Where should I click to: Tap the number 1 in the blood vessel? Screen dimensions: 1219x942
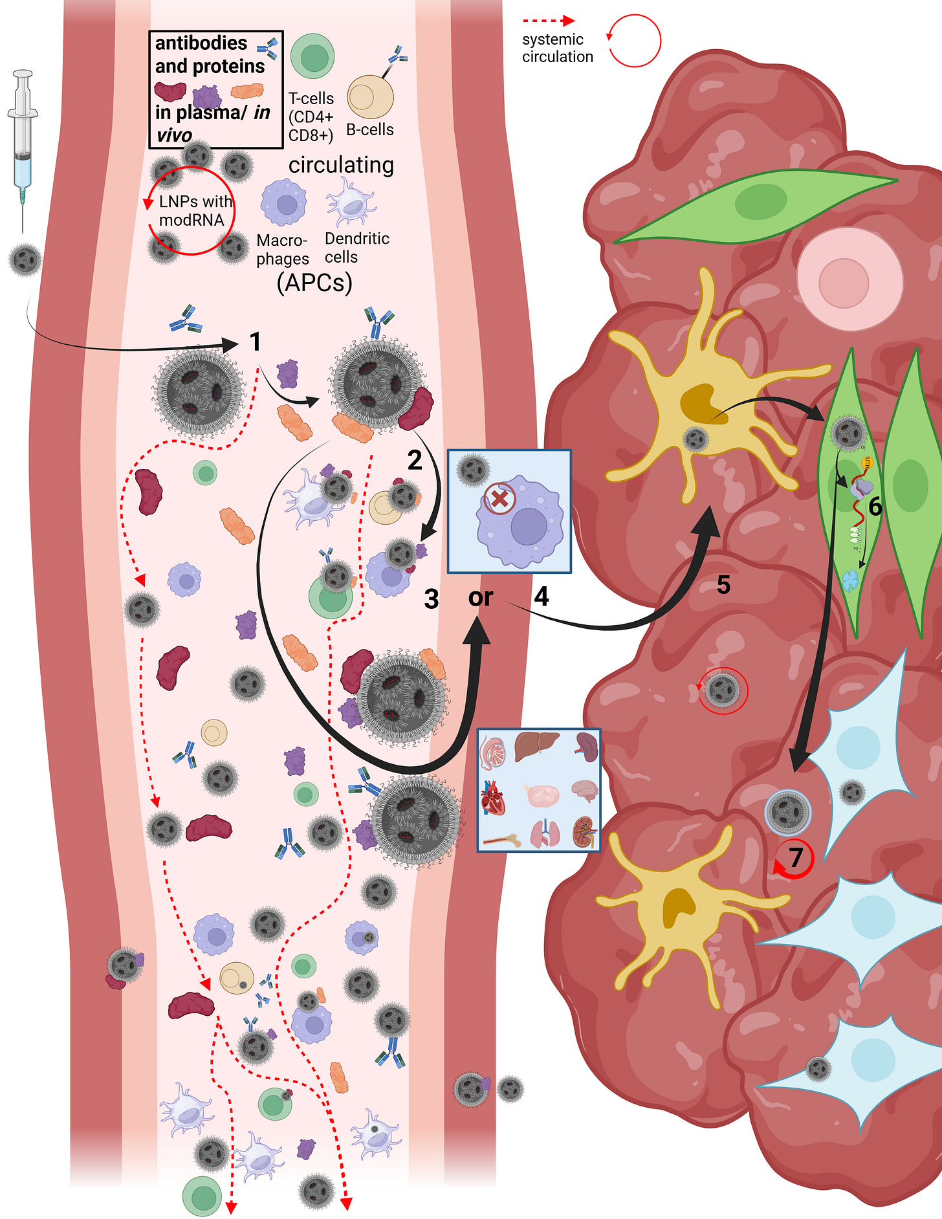256,342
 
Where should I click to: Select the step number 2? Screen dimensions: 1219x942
415,460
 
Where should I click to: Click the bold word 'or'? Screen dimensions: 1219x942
481,597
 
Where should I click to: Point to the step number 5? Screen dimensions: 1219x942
723,585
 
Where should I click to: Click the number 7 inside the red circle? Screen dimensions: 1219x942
796,857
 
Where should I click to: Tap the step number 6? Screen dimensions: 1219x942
875,506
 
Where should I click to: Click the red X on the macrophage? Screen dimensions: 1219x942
499,498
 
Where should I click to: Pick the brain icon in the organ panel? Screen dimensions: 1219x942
584,791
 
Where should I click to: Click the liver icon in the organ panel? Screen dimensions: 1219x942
536,747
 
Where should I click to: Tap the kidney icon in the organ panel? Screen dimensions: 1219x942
585,833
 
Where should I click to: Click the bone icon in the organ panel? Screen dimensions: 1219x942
501,840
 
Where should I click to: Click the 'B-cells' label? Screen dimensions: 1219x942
370,130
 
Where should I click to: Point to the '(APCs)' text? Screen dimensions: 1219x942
314,283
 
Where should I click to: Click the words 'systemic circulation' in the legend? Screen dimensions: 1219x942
557,49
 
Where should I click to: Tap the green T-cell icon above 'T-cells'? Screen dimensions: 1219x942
312,57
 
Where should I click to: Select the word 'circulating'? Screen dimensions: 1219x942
341,165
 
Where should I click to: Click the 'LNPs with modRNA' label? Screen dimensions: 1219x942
193,211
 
